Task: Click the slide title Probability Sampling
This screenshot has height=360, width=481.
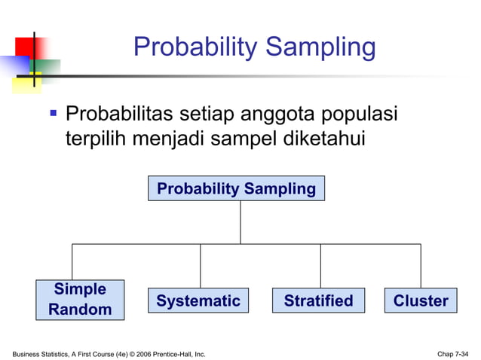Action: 254,47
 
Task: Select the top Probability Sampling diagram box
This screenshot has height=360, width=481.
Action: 236,189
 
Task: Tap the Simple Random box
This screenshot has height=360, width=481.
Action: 80,299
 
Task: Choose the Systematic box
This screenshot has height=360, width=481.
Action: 198,301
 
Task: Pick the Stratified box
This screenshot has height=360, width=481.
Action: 318,301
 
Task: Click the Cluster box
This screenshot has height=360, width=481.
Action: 421,301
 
